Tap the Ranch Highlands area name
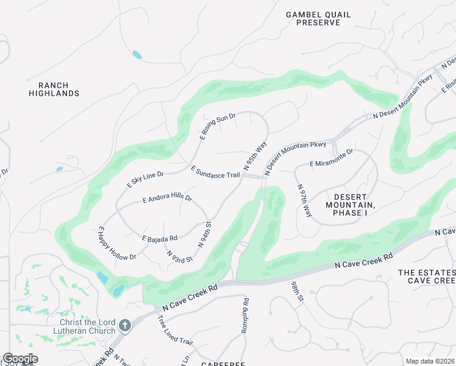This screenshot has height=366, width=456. click(54, 90)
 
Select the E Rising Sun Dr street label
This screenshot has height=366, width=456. click(216, 126)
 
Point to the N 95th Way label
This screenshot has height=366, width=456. click(255, 156)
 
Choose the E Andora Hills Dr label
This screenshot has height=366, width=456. click(167, 199)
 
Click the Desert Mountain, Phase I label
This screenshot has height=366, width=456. click(351, 201)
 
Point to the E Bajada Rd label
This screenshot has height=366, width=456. click(160, 238)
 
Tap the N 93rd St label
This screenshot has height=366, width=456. click(179, 256)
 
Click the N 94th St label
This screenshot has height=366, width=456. click(205, 234)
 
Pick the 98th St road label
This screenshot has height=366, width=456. click(297, 292)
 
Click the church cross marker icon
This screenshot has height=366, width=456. click(125, 326)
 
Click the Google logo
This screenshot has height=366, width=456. click(20, 359)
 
